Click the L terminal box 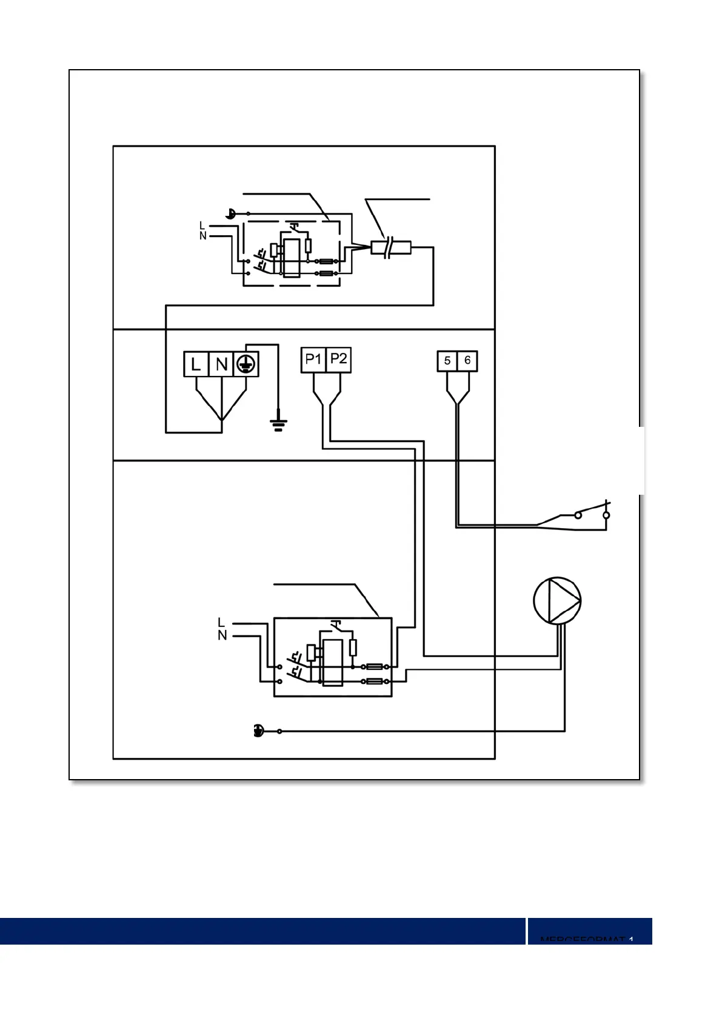point(196,364)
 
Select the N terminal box point(221,364)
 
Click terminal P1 point(313,360)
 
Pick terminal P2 point(339,360)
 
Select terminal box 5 point(447,361)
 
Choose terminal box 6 point(467,361)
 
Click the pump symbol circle point(557,601)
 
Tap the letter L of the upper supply point(202,226)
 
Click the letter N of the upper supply point(202,236)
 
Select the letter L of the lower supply point(221,623)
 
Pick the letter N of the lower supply point(222,635)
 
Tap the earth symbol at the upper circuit point(230,213)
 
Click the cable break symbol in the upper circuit point(390,247)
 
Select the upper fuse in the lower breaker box point(375,667)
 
